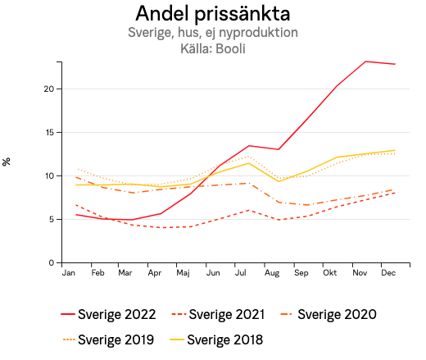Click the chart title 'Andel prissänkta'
[x=212, y=14]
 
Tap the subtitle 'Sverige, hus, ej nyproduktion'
[x=212, y=34]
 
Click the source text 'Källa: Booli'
[x=212, y=48]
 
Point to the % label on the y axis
[x=7, y=162]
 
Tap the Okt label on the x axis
[x=330, y=273]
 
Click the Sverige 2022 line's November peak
[x=365, y=62]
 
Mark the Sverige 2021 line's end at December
[x=395, y=193]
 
